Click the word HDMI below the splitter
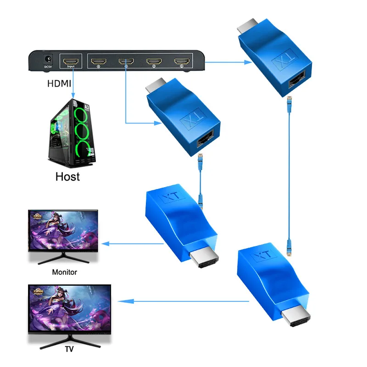click(x=59, y=84)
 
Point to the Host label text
click(x=67, y=176)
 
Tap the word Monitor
click(x=64, y=272)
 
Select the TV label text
click(x=69, y=349)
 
